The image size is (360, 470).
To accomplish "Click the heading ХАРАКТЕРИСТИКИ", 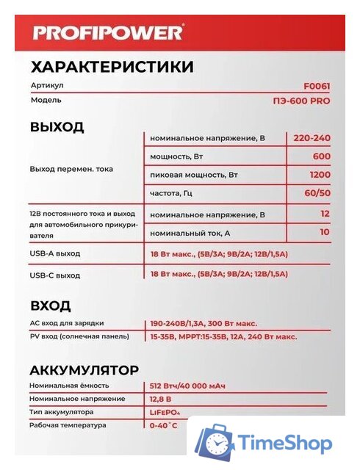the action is (x=112, y=68).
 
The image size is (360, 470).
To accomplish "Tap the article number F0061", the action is (x=317, y=86).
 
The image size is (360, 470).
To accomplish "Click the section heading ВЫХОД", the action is (x=57, y=126).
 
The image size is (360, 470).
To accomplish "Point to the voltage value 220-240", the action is (x=312, y=138).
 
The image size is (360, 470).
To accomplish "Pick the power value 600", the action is (x=321, y=156).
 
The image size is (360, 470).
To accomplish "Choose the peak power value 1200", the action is (x=319, y=176).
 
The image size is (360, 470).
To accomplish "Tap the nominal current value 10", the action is (x=324, y=233).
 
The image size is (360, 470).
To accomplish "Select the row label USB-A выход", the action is (x=55, y=253).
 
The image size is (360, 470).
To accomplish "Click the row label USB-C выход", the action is (x=55, y=275).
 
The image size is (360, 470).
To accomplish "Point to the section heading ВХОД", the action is (x=51, y=305).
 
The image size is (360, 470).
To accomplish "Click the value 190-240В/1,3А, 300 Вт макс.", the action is (x=203, y=324).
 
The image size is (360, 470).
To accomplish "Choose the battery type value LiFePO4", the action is (x=165, y=412).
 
